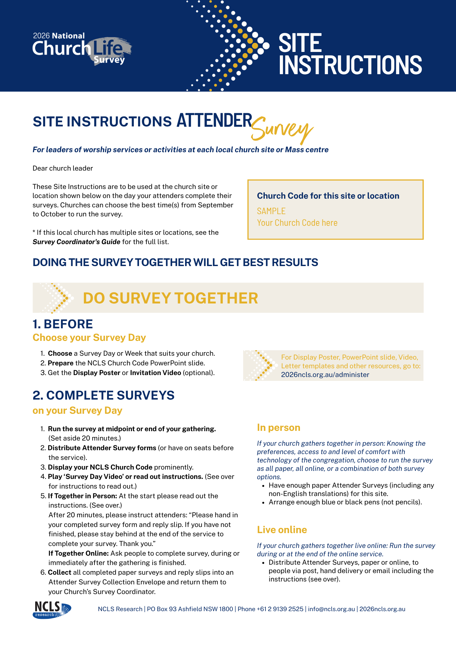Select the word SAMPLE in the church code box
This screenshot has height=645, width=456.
point(271,211)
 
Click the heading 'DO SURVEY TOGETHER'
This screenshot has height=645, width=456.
point(170,298)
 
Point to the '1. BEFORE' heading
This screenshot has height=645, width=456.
point(63,324)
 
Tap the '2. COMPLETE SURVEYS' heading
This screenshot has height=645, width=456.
point(104,395)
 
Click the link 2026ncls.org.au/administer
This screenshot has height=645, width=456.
point(325,375)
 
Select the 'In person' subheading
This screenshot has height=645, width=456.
point(279,428)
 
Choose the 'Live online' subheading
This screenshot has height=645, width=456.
point(282,530)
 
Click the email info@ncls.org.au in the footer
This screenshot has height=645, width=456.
point(331,609)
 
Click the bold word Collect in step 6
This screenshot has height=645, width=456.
point(60,572)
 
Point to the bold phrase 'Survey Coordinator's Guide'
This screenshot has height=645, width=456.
point(76,242)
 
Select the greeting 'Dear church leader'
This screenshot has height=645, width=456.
point(63,168)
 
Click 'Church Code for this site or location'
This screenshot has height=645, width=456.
point(328,196)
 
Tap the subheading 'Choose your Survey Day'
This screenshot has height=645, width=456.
point(89,338)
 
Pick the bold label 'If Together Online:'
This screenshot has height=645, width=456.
point(78,553)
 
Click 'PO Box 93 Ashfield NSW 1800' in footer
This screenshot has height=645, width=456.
point(190,609)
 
